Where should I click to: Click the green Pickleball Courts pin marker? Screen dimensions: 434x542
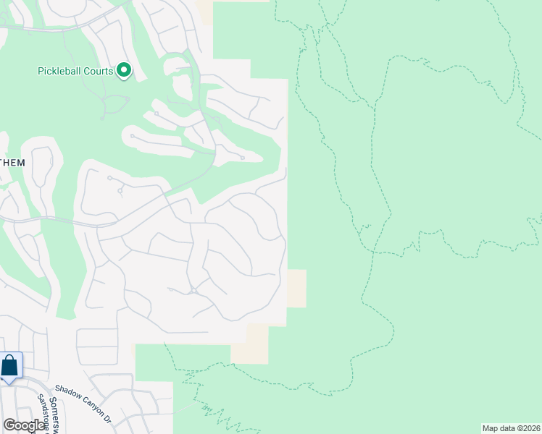(x=124, y=71)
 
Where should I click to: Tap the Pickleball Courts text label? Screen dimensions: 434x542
(x=75, y=71)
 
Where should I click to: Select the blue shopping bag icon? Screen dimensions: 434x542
(x=10, y=366)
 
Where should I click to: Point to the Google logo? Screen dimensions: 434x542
(x=23, y=425)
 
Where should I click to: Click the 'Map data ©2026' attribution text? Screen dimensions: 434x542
(x=511, y=428)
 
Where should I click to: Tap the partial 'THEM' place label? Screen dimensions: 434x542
(x=12, y=163)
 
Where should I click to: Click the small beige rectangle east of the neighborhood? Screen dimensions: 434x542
(x=296, y=288)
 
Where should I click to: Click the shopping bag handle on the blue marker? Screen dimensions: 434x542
(x=10, y=359)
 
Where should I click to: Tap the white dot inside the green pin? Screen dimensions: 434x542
(x=124, y=70)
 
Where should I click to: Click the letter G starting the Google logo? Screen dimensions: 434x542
(x=9, y=425)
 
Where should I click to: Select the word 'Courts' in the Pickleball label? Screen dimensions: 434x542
(x=99, y=71)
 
